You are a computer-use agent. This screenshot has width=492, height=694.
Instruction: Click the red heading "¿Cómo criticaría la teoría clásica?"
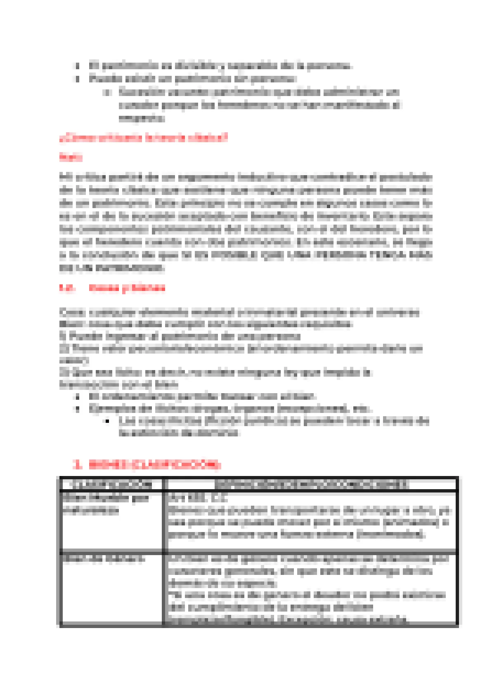click(x=143, y=138)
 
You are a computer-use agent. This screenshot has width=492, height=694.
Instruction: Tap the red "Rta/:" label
click(x=71, y=157)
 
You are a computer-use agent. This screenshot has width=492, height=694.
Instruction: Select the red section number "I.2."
click(x=67, y=288)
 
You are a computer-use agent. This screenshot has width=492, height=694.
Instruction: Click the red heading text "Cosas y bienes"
click(x=127, y=288)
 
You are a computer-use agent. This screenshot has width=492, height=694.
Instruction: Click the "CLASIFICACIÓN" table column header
click(x=111, y=484)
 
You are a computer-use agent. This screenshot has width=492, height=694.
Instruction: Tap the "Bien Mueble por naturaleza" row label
click(x=105, y=504)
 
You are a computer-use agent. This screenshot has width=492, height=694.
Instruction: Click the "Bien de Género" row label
click(x=103, y=559)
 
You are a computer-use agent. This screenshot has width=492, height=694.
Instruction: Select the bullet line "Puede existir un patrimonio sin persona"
click(x=192, y=78)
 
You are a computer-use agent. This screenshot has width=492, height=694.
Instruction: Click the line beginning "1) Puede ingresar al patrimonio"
click(x=180, y=336)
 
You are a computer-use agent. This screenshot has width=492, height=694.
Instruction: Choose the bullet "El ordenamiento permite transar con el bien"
click(x=202, y=396)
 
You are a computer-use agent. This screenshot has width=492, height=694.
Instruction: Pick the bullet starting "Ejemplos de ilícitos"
click(x=229, y=409)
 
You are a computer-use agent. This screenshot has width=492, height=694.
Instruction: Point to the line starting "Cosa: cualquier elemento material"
click(x=239, y=312)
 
